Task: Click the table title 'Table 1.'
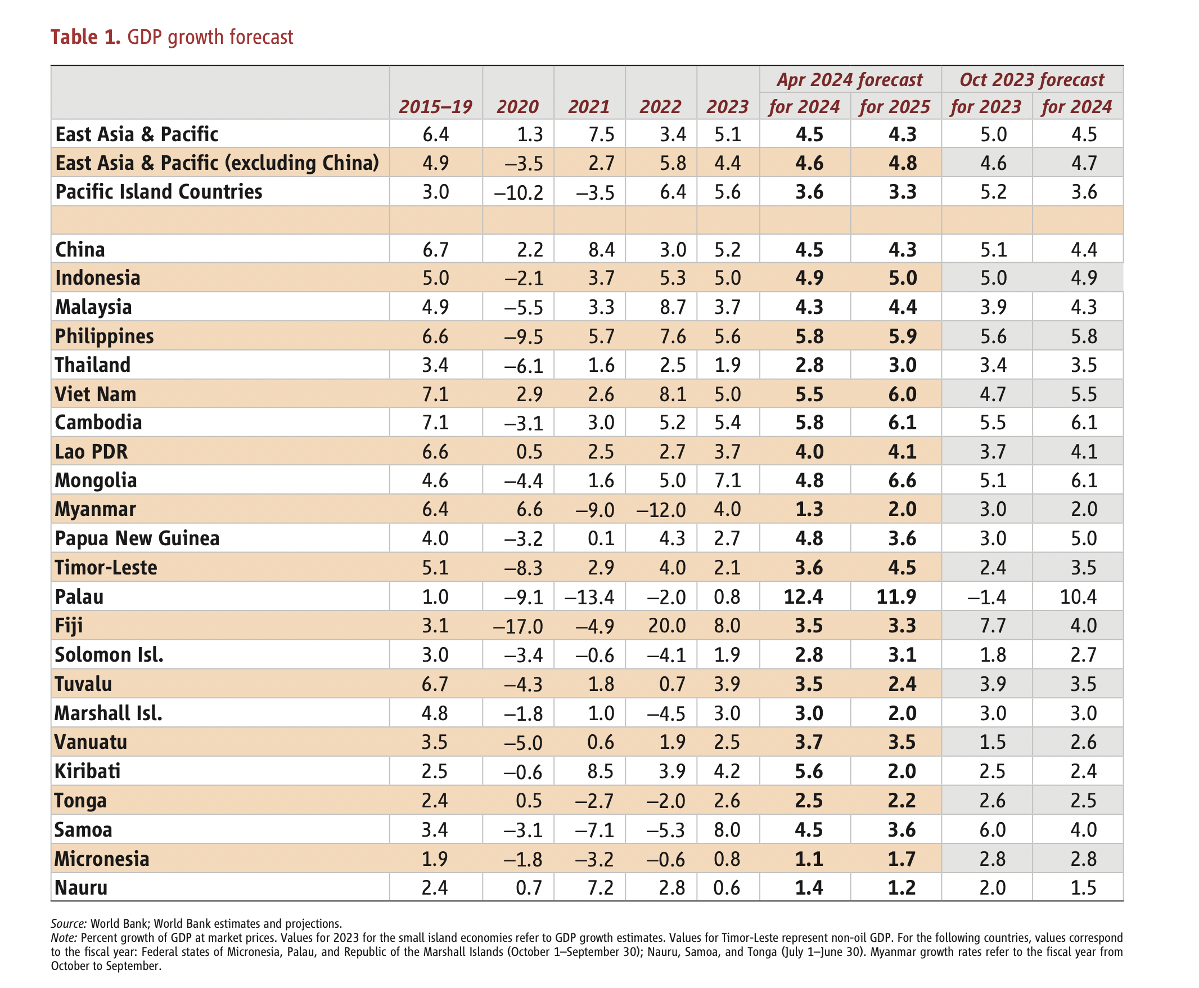pyautogui.click(x=85, y=37)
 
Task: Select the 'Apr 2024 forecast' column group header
pyautogui.click(x=849, y=80)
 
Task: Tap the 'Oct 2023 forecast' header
pyautogui.click(x=1031, y=80)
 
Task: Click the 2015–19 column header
pyautogui.click(x=435, y=107)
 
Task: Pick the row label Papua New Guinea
pyautogui.click(x=137, y=538)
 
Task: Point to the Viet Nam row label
pyautogui.click(x=95, y=394)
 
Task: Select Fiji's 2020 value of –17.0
pyautogui.click(x=517, y=626)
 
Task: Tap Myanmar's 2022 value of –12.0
pyautogui.click(x=661, y=509)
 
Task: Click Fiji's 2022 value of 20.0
pyautogui.click(x=666, y=626)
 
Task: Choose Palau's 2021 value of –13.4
pyautogui.click(x=589, y=597)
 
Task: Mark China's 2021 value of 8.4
pyautogui.click(x=601, y=249)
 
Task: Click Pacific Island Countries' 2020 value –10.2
pyautogui.click(x=519, y=192)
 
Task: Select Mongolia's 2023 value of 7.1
pyautogui.click(x=727, y=480)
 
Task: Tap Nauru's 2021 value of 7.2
pyautogui.click(x=601, y=887)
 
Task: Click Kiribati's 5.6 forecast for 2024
pyautogui.click(x=808, y=771)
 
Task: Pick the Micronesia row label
pyautogui.click(x=101, y=858)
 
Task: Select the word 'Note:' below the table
pyautogui.click(x=64, y=938)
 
